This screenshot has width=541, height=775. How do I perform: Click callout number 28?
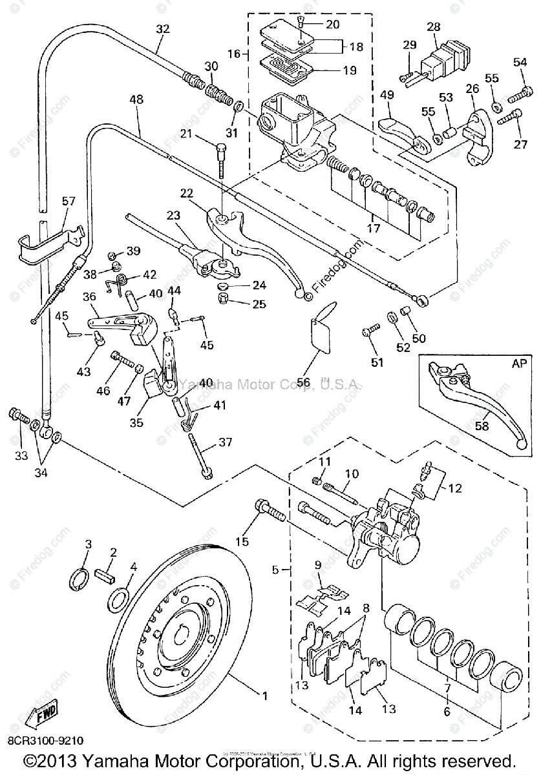click(x=434, y=26)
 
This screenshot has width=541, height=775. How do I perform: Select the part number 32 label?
click(x=163, y=29)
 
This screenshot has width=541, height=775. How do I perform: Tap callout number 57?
click(x=69, y=202)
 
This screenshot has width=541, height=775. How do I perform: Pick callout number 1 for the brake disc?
click(x=264, y=696)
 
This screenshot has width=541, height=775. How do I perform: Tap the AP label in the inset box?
click(x=519, y=363)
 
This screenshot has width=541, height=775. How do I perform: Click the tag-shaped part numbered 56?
click(x=322, y=331)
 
